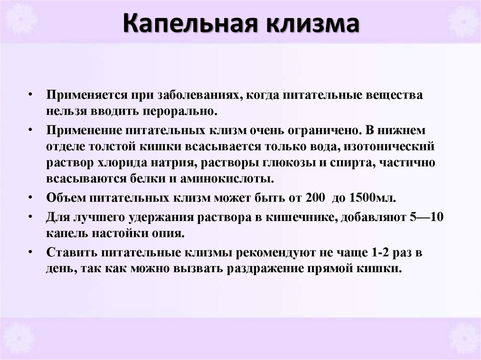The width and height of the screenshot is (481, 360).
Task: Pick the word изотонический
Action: [x=389, y=146]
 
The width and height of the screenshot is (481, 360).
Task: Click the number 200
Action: [x=314, y=197]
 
